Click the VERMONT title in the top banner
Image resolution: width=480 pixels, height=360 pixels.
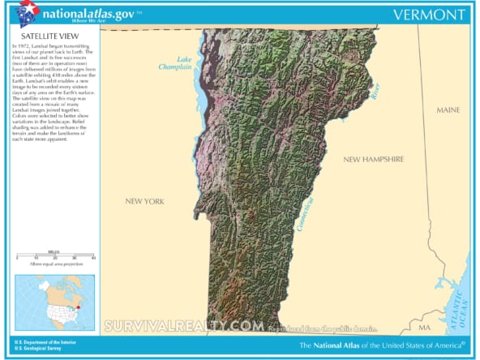430,15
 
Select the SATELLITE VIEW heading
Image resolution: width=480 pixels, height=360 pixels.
43,37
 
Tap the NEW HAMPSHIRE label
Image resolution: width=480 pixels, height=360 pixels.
373,160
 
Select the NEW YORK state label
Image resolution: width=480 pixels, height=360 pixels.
144,201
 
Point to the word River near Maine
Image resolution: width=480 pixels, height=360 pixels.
375,92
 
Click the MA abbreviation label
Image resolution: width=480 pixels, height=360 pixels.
424,328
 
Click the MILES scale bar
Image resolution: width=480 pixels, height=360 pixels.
55,256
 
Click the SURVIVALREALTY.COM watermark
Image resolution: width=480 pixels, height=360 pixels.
183,326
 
